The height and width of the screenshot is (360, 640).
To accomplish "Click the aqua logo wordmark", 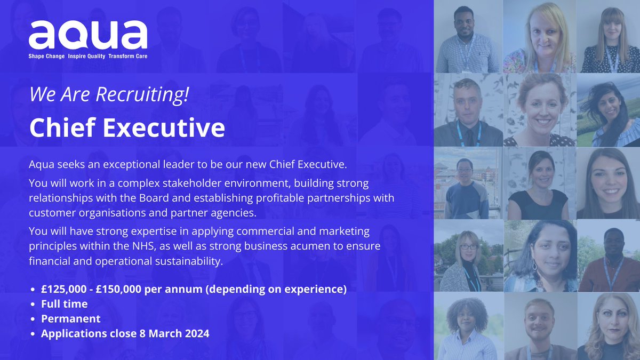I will click(88, 35).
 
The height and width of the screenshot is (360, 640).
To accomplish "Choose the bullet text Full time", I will click(64, 304).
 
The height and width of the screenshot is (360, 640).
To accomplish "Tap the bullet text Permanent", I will click(70, 319).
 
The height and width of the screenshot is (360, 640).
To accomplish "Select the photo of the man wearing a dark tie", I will click(468, 109).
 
